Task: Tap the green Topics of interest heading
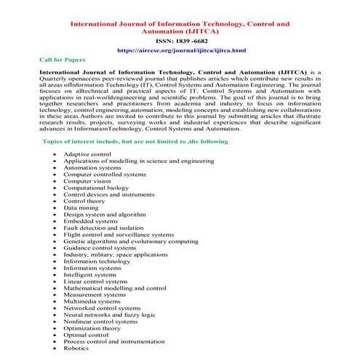135,140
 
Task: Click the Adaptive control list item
87,155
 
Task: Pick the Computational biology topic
96,188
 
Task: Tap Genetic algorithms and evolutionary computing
130,241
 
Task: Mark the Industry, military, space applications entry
116,255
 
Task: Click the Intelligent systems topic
89,275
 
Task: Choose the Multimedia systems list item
92,301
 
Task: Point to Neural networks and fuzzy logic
109,315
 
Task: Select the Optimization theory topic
92,328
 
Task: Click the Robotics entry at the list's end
76,348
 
